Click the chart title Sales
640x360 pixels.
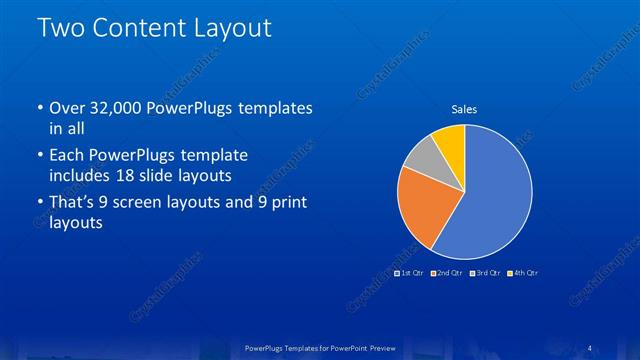coord(464,109)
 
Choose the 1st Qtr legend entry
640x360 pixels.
coord(409,272)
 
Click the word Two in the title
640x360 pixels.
coord(61,28)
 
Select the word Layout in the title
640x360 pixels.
coord(233,28)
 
